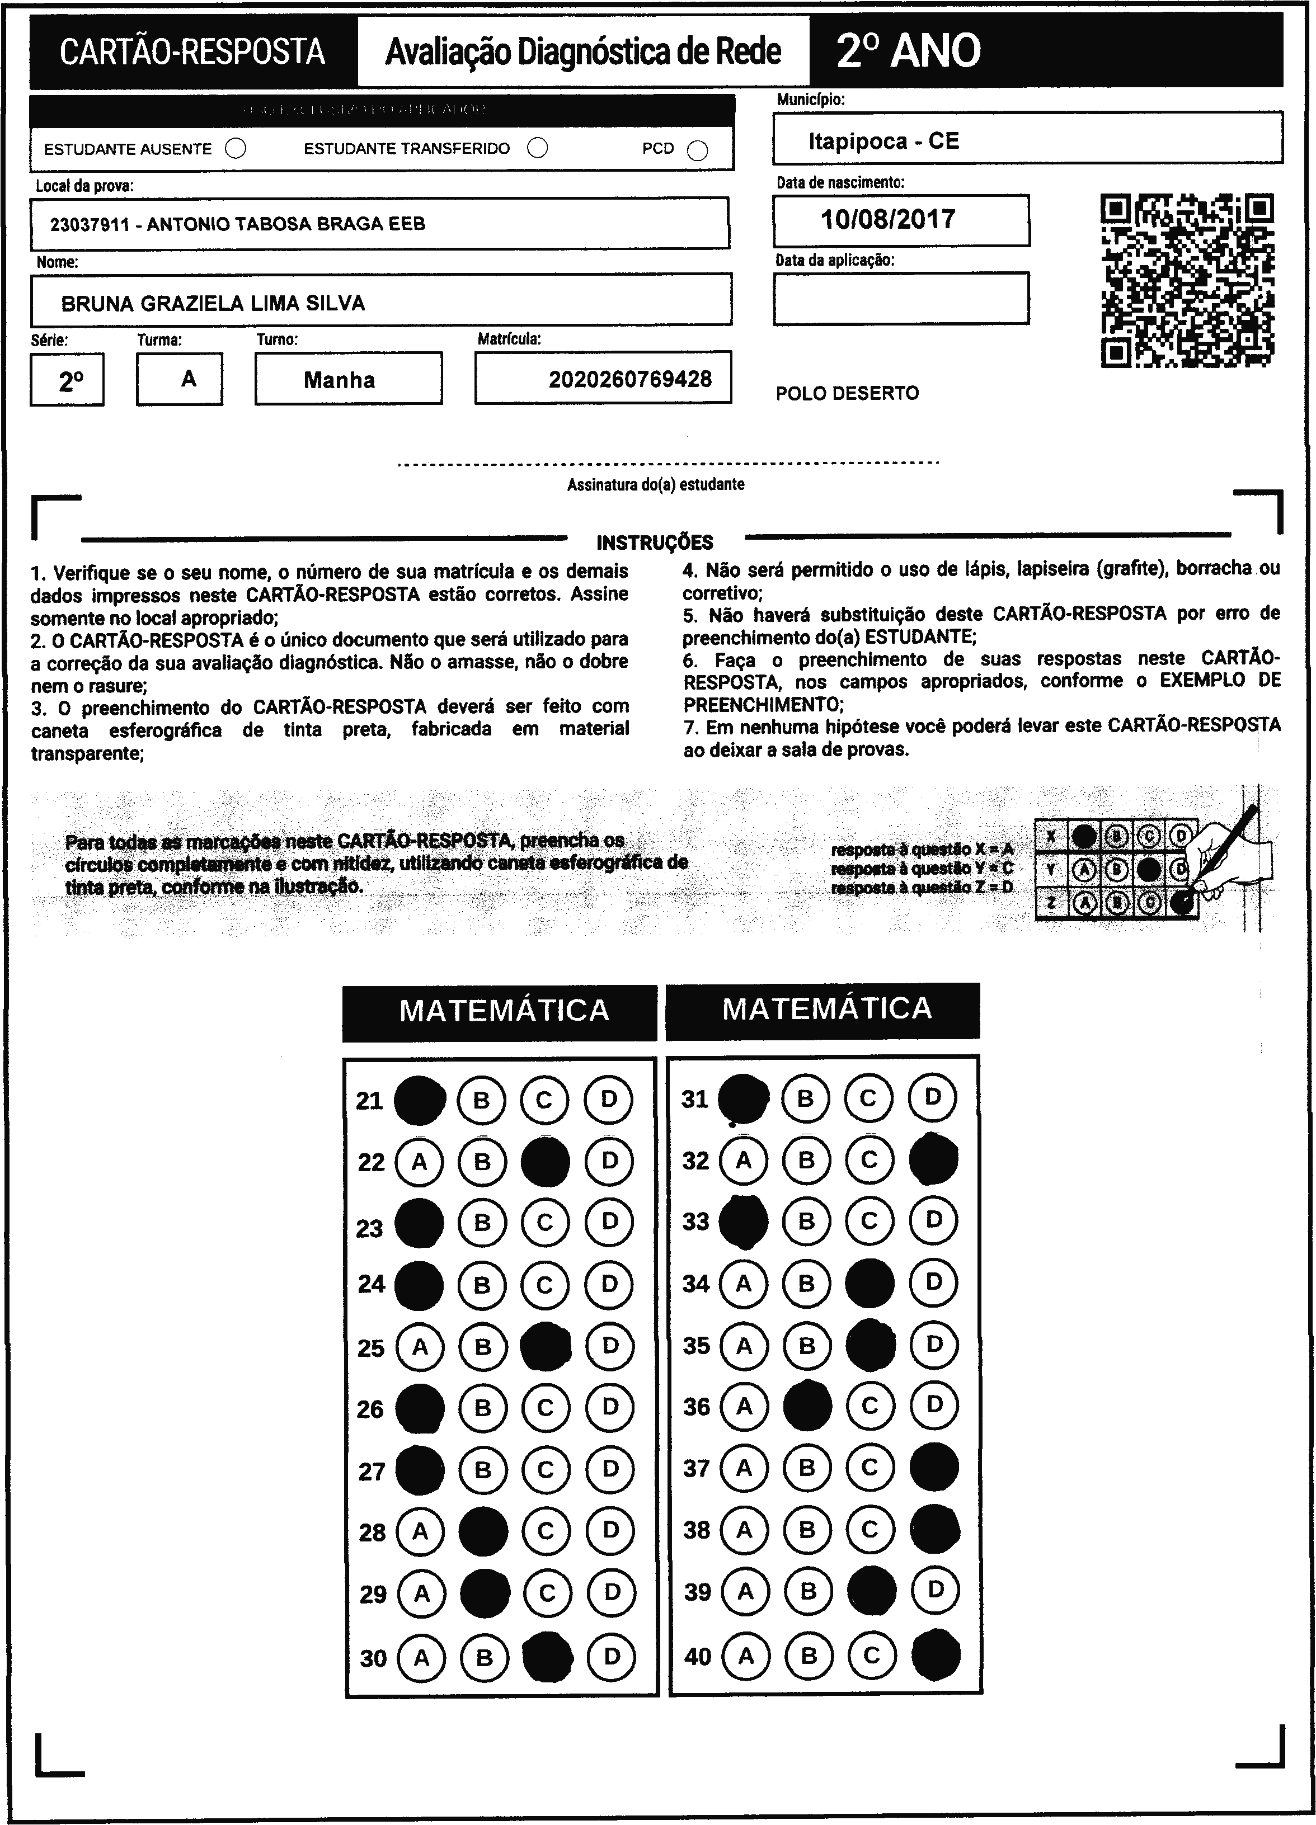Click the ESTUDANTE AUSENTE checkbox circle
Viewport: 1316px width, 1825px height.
[x=236, y=149]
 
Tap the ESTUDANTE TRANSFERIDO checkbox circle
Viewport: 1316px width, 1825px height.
[x=538, y=148]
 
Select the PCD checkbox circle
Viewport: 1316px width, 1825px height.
[x=698, y=150]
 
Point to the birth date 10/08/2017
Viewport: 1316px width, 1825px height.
[x=888, y=219]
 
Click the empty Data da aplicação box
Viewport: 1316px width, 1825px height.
[x=901, y=299]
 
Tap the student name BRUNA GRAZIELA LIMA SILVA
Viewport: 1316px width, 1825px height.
[x=213, y=303]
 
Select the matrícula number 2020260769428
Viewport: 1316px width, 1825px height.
[x=630, y=379]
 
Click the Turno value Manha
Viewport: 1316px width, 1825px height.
[x=339, y=380]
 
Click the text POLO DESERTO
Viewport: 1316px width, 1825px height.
[x=847, y=394]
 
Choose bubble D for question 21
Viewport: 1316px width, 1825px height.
[x=609, y=1099]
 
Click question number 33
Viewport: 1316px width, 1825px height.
[x=695, y=1222]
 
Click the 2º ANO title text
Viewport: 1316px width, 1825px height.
[x=908, y=51]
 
